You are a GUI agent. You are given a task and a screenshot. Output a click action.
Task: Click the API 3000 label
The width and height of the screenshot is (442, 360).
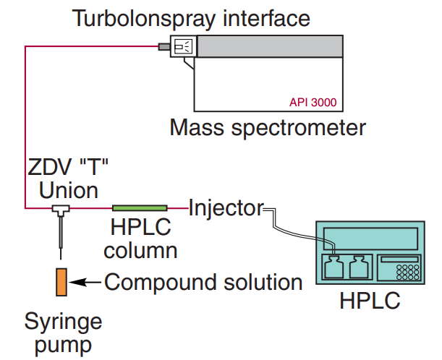[313, 102]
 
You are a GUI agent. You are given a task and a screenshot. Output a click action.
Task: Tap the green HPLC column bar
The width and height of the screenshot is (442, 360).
[140, 208]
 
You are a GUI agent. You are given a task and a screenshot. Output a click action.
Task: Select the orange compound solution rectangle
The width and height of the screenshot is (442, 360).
[61, 281]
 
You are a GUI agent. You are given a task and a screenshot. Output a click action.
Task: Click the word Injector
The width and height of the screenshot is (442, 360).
[226, 208]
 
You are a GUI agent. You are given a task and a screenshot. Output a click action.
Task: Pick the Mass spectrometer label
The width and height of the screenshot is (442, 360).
[268, 128]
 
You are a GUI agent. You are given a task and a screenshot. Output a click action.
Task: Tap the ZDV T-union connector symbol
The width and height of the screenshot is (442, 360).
[60, 210]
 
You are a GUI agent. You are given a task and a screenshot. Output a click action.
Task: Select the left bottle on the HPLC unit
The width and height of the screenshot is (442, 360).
[334, 268]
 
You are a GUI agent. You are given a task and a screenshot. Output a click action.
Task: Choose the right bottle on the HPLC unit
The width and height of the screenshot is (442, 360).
[360, 270]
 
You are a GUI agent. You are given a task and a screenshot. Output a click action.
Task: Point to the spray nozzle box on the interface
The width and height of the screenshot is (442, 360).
[183, 47]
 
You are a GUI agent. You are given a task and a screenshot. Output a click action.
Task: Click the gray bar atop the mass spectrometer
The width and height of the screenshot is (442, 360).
[270, 46]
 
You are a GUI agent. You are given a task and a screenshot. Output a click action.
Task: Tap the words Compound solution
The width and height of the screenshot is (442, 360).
[203, 282]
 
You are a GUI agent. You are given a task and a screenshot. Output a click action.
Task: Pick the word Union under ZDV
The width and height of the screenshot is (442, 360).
[69, 191]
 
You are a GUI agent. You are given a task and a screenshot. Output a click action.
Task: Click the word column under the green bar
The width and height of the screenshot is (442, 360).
[140, 251]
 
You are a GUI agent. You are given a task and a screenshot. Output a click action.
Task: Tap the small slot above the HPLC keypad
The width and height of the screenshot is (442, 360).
[399, 258]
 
